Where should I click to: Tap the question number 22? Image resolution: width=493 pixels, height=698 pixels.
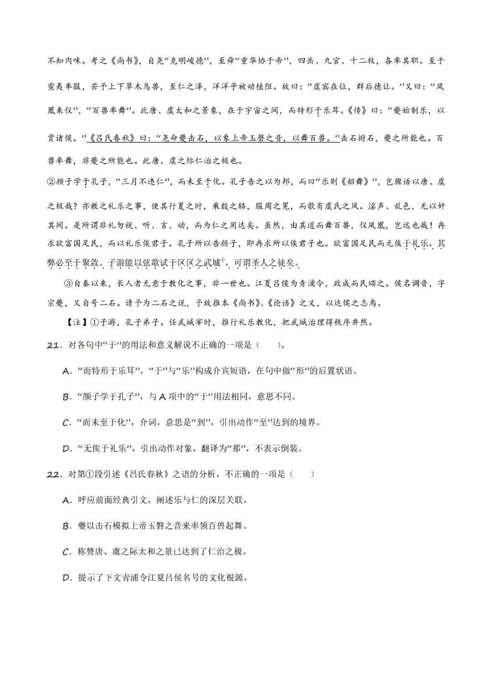coord(54,474)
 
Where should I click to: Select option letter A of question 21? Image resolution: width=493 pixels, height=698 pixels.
coord(67,371)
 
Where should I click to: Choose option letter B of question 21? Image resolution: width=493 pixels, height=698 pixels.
coord(67,397)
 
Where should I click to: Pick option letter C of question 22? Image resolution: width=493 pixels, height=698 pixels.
coord(67,552)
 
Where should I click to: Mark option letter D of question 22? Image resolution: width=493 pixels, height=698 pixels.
coord(67,578)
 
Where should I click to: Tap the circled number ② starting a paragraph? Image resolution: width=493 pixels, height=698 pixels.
coord(51,182)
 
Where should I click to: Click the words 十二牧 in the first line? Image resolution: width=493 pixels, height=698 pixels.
coord(362,61)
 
